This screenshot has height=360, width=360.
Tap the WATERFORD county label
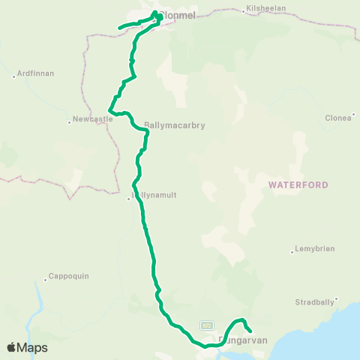293,183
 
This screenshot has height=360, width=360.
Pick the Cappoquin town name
69,275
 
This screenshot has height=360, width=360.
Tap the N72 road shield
206,325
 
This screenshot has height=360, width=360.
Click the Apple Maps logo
26,347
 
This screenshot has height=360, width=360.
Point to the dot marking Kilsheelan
244,10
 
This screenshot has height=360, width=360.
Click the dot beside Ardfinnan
13,76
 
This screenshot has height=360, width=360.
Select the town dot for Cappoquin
46,276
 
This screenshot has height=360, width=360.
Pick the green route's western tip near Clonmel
119,29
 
